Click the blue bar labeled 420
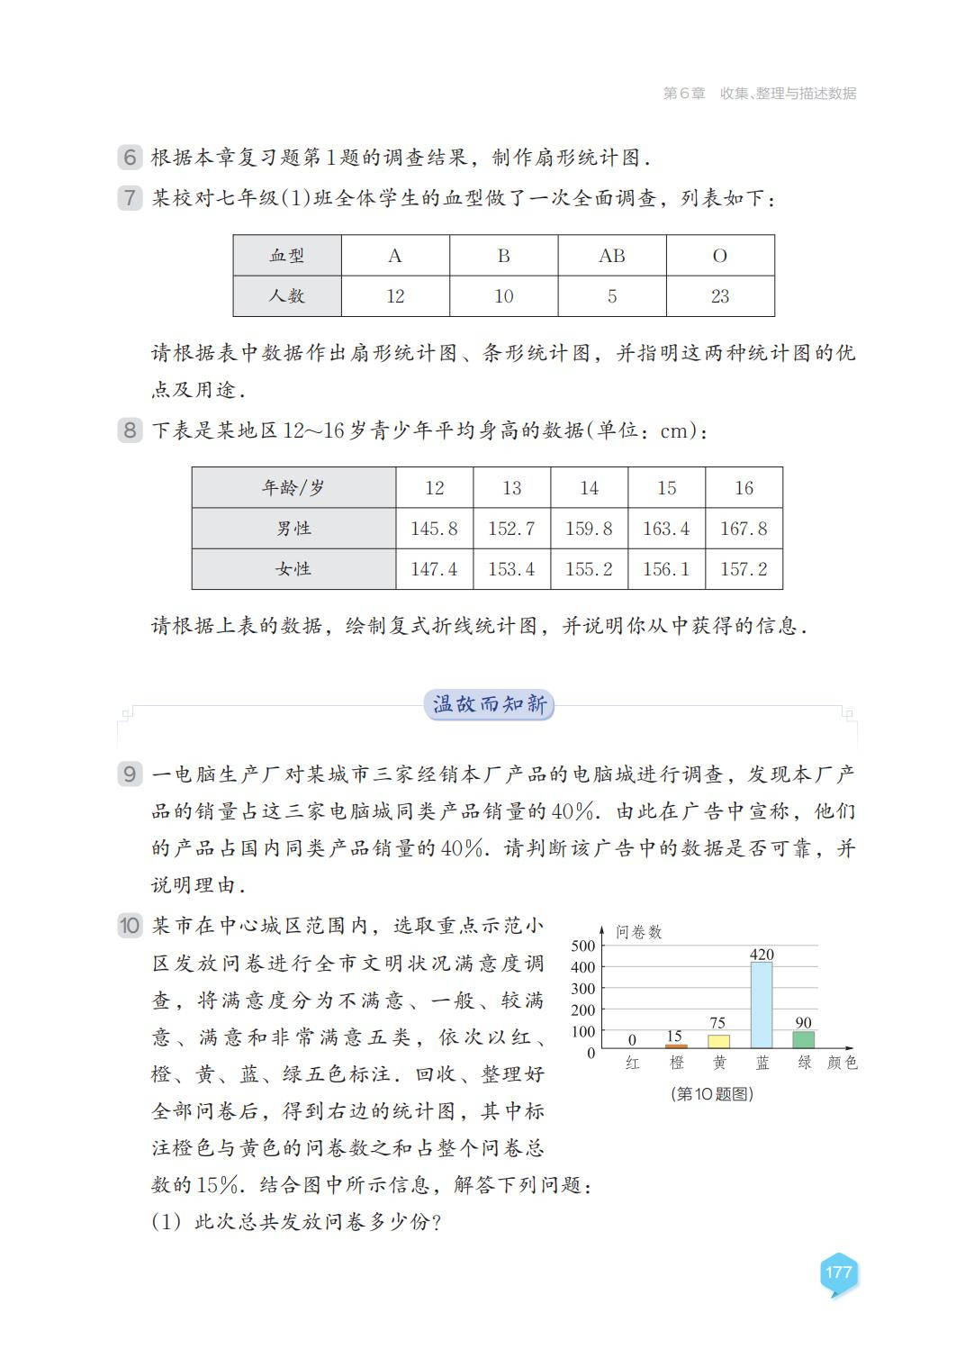pos(762,1005)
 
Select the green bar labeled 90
pos(803,1040)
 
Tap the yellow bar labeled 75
pos(718,1041)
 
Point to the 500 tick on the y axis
pos(583,946)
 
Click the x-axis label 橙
pos(677,1064)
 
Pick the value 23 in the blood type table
pos(720,296)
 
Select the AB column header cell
pos(612,256)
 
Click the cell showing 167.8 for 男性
pos(744,529)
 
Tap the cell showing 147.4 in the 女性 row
pos(434,569)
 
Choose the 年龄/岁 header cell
pos(293,488)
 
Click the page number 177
pos(837,1272)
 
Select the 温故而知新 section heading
pos(489,705)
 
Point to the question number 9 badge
pos(130,774)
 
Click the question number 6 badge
pos(130,158)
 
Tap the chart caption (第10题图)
pos(712,1094)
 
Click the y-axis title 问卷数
pos(638,932)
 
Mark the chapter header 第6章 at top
pos(684,93)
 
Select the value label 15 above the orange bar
pos(674,1037)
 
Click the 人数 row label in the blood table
pos(287,296)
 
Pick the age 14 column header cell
pos(589,488)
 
